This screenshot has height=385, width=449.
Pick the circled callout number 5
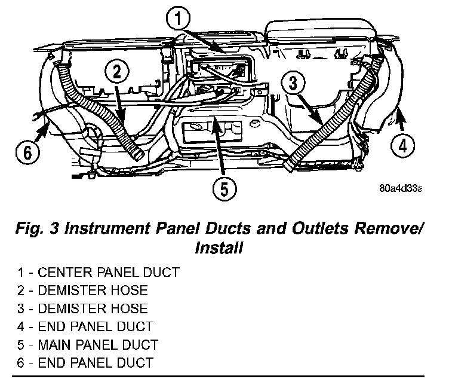[223, 189]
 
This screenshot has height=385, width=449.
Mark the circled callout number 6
[26, 152]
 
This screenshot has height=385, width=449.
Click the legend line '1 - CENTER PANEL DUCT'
[99, 273]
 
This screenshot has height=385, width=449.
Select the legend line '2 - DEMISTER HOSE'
[82, 291]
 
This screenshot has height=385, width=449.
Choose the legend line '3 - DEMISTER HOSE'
[82, 308]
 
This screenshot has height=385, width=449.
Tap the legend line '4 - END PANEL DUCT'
[85, 326]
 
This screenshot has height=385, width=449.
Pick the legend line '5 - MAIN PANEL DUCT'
[88, 344]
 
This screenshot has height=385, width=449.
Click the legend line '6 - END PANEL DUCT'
[85, 362]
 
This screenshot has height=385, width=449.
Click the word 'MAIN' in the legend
[55, 344]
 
